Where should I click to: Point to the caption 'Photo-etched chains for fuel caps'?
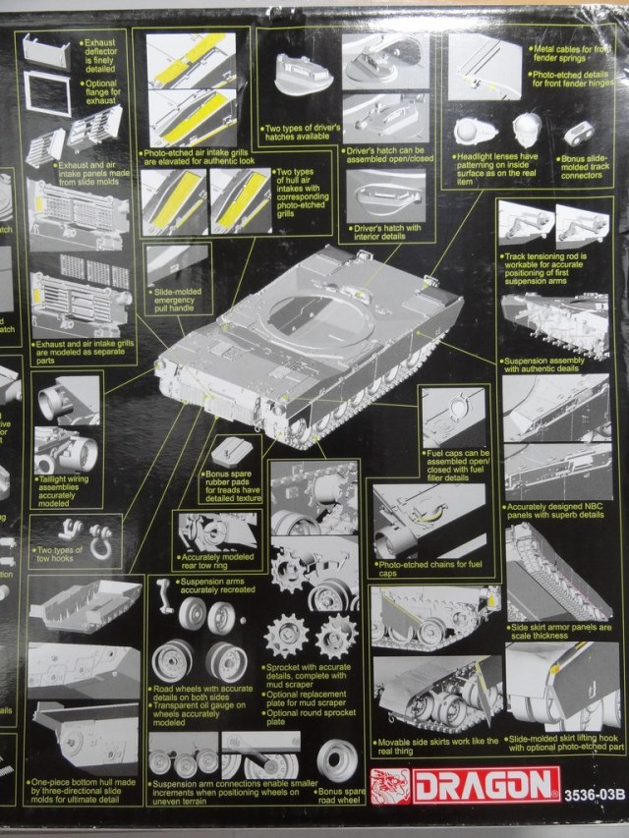(x=429, y=568)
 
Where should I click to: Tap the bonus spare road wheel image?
(x=343, y=758)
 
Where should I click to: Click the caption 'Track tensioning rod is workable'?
(x=556, y=263)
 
